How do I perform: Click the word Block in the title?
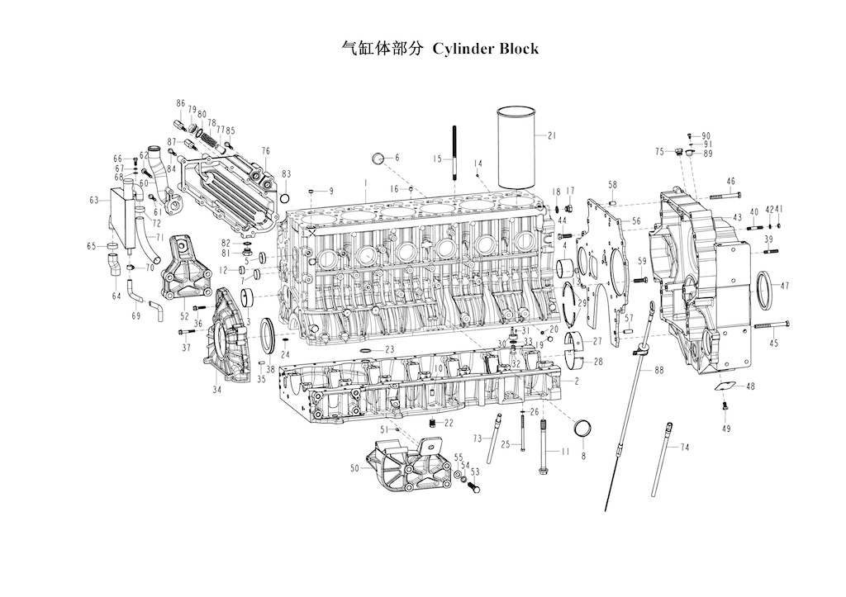coord(519,49)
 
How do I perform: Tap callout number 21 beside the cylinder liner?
coord(551,136)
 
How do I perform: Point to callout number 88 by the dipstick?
coord(658,371)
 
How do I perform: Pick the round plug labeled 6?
coord(378,159)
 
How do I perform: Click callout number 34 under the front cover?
coord(217,390)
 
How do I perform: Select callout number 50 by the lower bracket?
coord(354,468)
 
